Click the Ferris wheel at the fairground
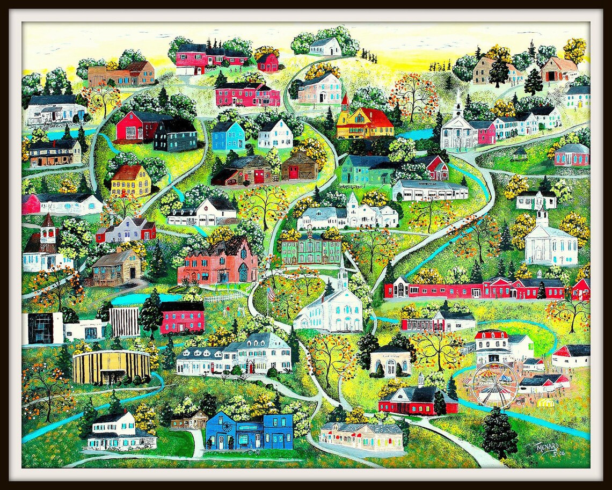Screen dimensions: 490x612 tap(494, 383)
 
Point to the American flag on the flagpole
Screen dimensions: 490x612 tap(271, 294)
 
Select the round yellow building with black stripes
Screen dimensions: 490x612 tap(111, 367)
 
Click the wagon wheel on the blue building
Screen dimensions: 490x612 tap(227, 427)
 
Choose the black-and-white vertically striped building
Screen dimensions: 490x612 tap(124, 321)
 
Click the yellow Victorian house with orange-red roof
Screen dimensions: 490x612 tap(365, 123)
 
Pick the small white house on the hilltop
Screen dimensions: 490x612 tap(325, 47)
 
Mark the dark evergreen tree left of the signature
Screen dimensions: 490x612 tap(499, 433)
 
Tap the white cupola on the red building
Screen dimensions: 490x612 tap(421, 381)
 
